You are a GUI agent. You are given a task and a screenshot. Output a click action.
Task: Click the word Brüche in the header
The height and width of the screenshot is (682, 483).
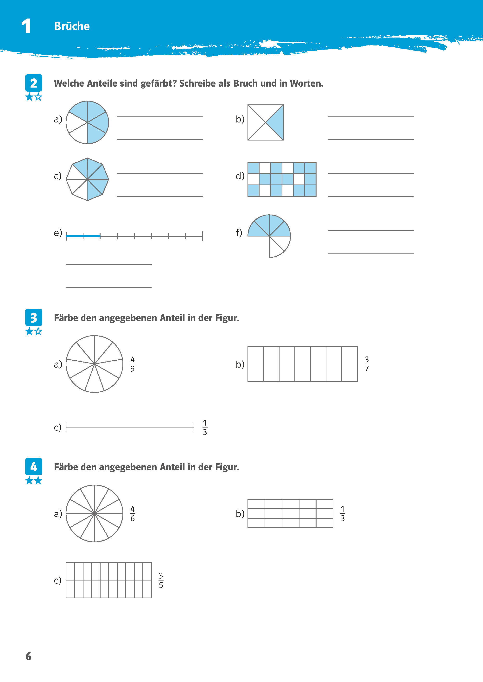coord(72,26)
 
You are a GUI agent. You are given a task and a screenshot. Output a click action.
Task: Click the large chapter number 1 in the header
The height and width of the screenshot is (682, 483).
coord(26,26)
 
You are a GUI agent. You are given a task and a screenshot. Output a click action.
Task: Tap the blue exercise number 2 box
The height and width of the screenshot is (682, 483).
coord(34,83)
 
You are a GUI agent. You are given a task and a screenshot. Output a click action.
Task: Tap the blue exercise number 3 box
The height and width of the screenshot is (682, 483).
coord(34,318)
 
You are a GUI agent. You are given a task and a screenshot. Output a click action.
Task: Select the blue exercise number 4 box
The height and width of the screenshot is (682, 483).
coord(34,467)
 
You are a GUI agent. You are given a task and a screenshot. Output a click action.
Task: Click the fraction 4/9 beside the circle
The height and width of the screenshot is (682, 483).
coord(132,364)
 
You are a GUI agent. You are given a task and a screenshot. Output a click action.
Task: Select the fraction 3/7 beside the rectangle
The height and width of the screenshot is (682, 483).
coord(367,364)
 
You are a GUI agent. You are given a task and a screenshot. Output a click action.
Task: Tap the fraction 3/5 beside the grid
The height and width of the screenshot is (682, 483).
coord(161,580)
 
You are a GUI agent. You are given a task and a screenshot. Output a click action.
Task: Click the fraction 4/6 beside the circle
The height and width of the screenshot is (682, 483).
coord(132,514)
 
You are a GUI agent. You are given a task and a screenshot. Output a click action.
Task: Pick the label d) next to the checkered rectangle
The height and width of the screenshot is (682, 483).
coord(240,176)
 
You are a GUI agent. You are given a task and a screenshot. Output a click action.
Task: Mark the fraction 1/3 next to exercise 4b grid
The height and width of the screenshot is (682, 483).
coord(342,514)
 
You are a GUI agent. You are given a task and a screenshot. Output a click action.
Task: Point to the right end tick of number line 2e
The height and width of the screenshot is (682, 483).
coord(203,236)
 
